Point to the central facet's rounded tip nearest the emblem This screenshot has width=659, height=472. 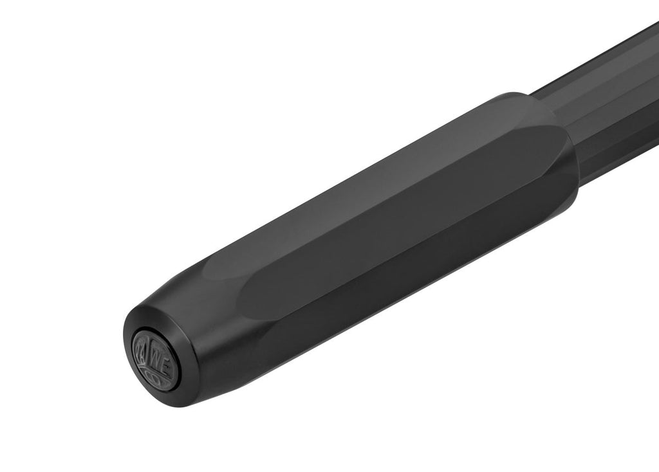tap(248, 296)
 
